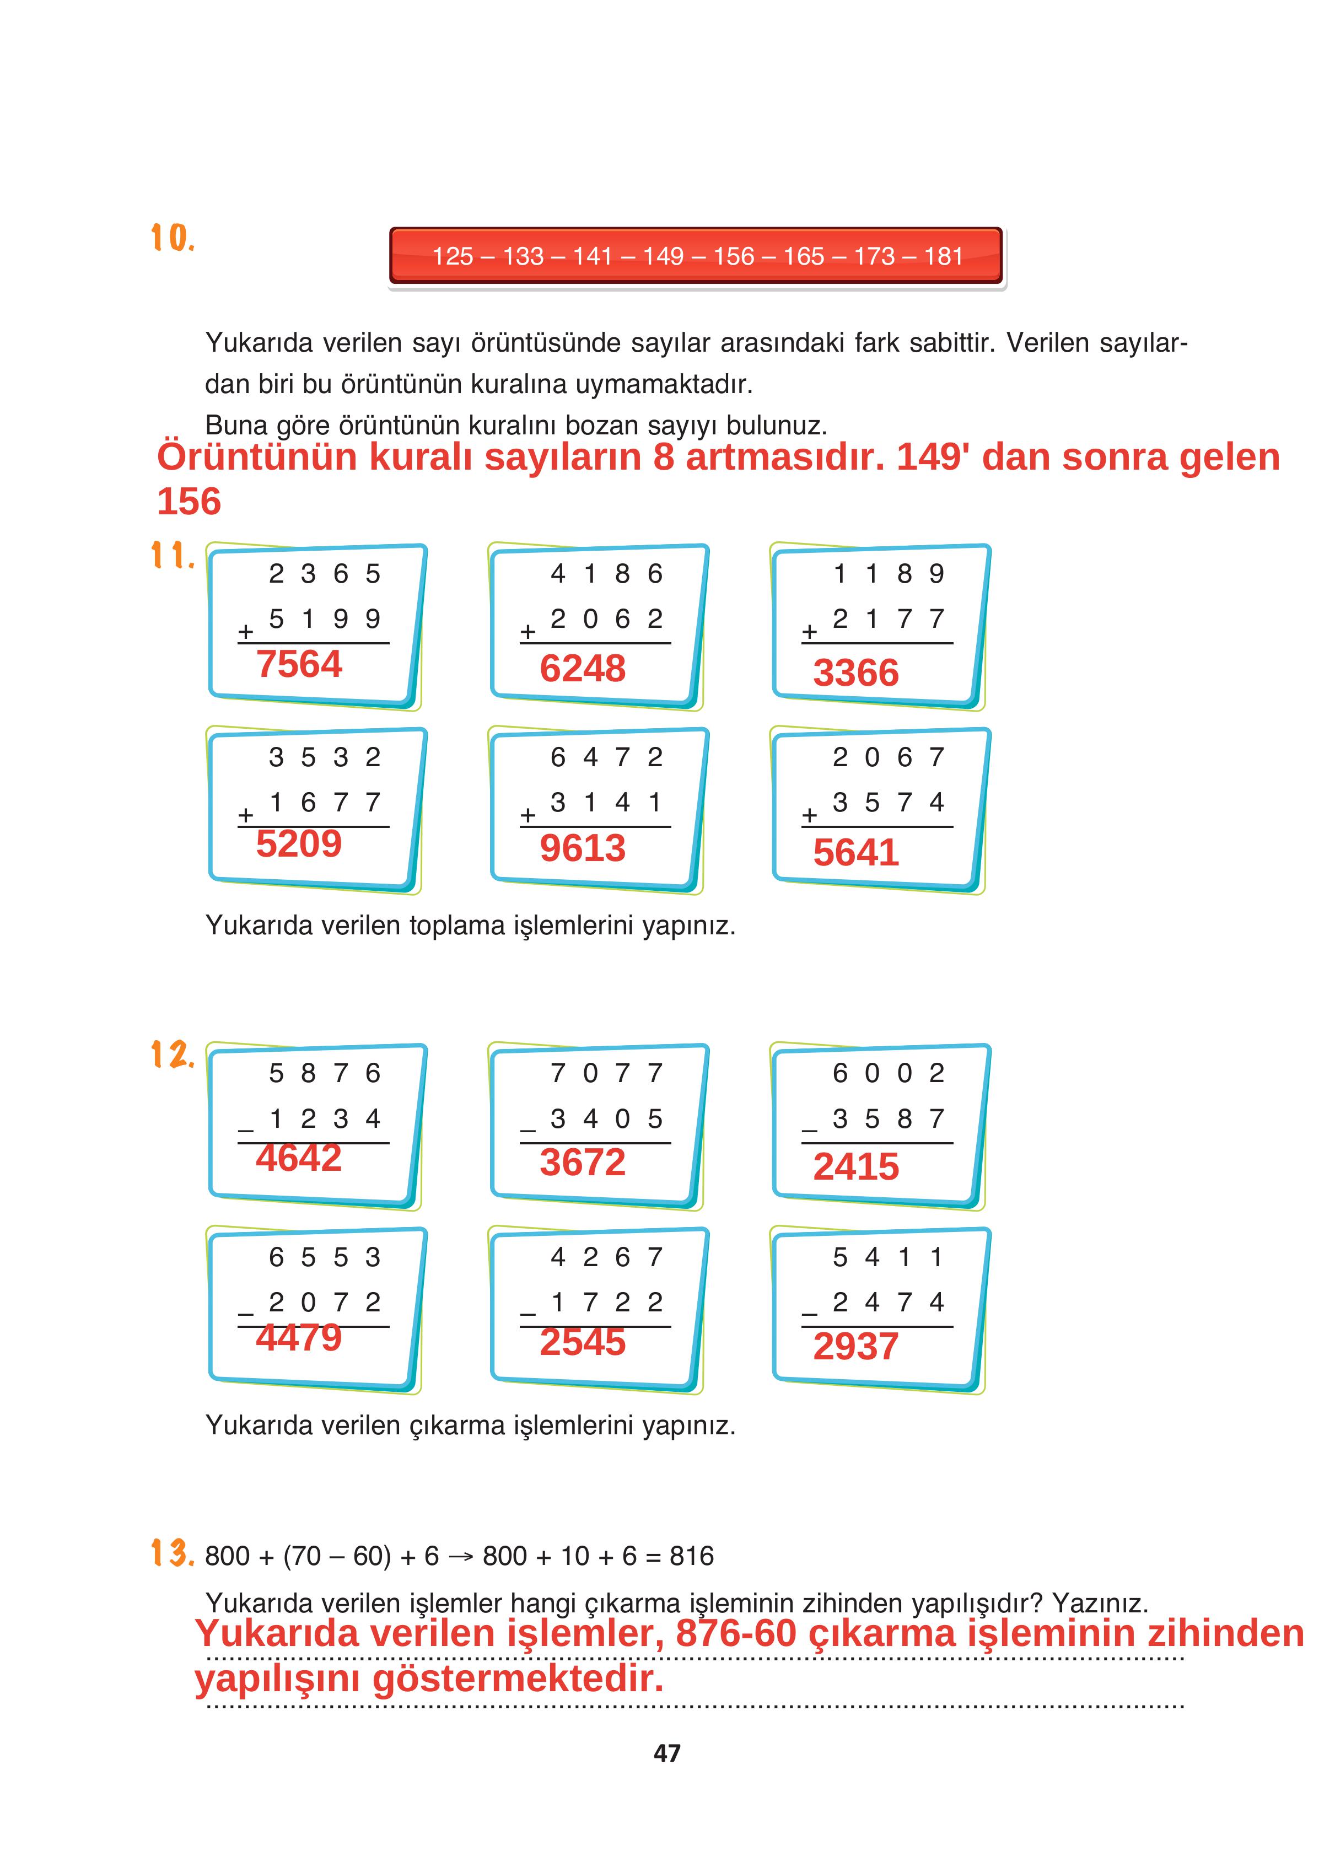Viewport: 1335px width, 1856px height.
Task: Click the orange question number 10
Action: [x=173, y=238]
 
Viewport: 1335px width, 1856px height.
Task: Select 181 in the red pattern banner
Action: [x=943, y=257]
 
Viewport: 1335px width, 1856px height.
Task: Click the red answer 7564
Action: [x=299, y=664]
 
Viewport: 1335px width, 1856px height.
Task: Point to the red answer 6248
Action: [x=582, y=669]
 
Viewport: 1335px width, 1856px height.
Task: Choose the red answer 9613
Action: [x=582, y=848]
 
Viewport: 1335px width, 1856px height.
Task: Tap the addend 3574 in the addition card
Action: [x=888, y=802]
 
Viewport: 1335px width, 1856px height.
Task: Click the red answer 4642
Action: [x=299, y=1158]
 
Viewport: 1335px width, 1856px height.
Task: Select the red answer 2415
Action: [x=855, y=1167]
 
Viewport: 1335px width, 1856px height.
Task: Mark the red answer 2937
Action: [x=855, y=1347]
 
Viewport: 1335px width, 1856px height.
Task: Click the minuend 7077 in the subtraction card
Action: [x=606, y=1073]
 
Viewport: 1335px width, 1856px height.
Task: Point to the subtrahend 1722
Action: [x=606, y=1302]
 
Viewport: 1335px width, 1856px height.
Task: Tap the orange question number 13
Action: [x=173, y=1553]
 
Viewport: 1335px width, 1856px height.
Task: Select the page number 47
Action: [x=667, y=1753]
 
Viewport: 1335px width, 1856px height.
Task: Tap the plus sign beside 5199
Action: [x=245, y=633]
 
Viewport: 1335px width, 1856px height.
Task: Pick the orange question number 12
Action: [x=173, y=1055]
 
